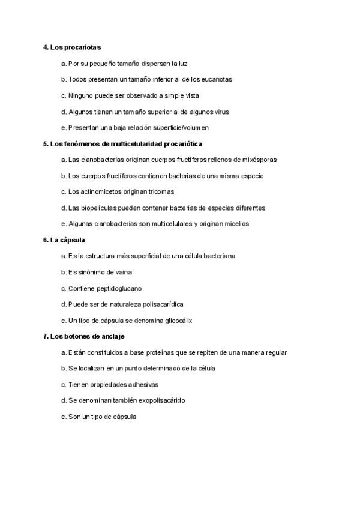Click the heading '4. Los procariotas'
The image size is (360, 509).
click(71, 47)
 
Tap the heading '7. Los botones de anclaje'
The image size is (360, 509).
click(83, 336)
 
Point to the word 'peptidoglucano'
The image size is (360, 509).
click(120, 288)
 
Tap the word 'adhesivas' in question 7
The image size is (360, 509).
click(143, 384)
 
